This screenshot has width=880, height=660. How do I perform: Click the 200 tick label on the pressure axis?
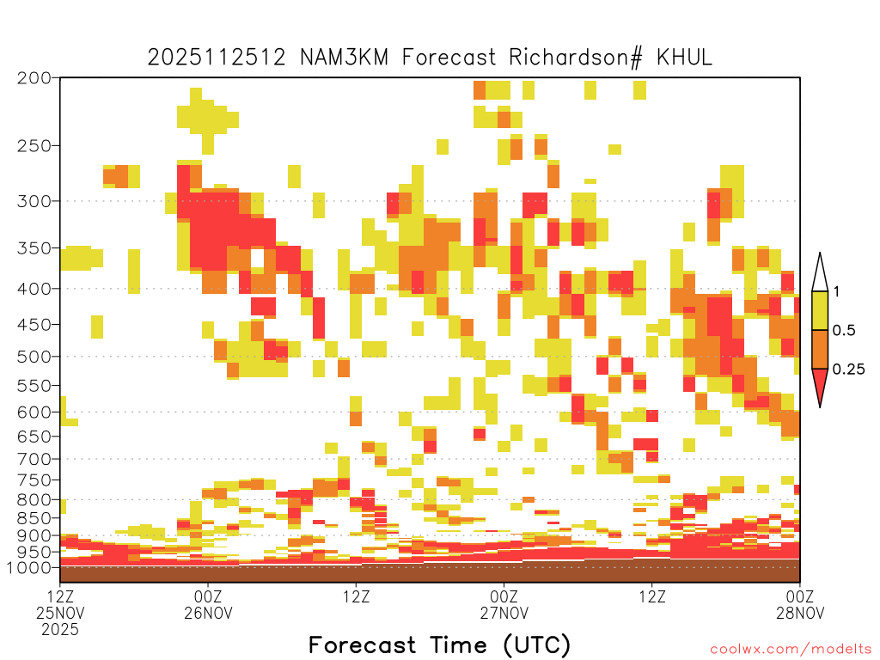coord(34,78)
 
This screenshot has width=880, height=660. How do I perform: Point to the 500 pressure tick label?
coord(34,357)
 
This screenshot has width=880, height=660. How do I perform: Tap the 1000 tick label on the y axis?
coord(28,568)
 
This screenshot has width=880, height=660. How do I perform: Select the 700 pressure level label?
coord(34,459)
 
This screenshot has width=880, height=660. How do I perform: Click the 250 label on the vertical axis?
coord(34,146)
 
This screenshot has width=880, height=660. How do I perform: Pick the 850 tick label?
coord(34,518)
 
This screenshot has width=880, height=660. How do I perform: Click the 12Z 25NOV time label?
coord(60,604)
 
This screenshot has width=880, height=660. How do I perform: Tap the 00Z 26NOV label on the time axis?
coord(208,604)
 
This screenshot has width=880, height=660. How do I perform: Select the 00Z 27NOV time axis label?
coord(504,604)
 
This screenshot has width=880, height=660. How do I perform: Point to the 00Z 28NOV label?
coord(800,604)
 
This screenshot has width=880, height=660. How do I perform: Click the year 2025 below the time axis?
coord(60,630)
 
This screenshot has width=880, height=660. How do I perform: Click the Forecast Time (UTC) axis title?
coord(439,645)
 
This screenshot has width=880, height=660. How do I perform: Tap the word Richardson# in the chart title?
coord(576,58)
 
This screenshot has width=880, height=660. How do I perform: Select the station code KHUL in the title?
coord(684,58)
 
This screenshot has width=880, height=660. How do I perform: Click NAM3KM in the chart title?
coord(344,58)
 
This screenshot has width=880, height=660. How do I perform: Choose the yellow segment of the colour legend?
coord(820,310)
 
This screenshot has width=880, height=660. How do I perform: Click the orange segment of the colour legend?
coord(820,349)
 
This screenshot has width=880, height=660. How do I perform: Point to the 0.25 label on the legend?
coord(848,370)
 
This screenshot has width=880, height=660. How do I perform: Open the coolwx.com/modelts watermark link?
coord(791,650)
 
